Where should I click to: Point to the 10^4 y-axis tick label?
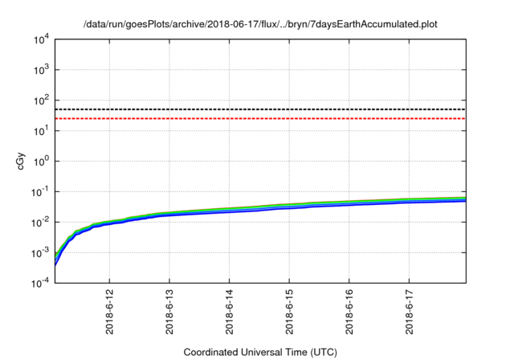coord(40,39)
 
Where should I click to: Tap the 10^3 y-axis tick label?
coord(40,70)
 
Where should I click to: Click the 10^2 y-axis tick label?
coord(40,100)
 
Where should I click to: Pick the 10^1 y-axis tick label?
coord(40,130)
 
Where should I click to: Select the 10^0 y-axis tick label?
coord(40,161)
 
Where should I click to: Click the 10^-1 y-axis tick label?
coord(39,191)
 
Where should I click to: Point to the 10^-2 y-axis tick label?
coord(39,222)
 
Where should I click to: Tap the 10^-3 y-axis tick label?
coord(39,252)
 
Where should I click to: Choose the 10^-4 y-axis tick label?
coord(39,282)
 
